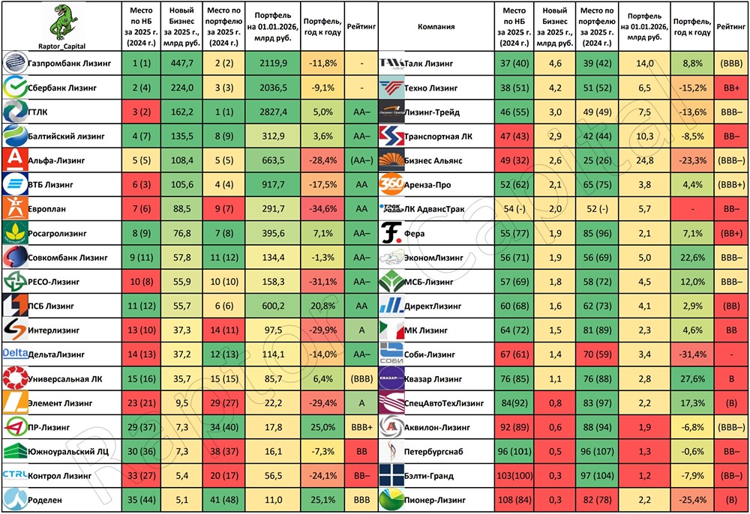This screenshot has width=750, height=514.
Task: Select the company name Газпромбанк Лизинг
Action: [69, 64]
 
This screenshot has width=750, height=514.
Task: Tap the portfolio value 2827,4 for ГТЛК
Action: [271, 112]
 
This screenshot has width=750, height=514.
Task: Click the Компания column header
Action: [436, 27]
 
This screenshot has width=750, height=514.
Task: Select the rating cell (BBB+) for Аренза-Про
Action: [729, 184]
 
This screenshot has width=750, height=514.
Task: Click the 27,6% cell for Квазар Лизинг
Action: [691, 378]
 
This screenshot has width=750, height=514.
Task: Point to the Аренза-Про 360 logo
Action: [393, 184]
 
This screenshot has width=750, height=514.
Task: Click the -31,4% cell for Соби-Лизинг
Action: [691, 354]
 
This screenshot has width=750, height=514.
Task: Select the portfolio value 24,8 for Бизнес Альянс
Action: [643, 160]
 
